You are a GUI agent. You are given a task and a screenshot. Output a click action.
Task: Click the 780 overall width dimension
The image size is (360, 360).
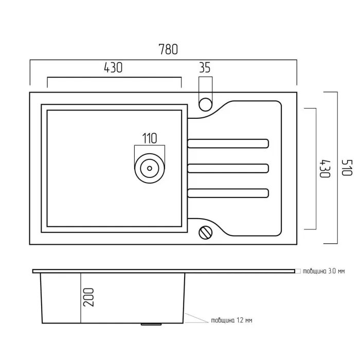coord(168,49)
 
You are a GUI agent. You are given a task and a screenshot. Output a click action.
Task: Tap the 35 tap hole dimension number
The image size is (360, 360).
coord(205,68)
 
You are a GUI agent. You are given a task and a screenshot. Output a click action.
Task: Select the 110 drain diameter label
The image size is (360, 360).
coord(150,138)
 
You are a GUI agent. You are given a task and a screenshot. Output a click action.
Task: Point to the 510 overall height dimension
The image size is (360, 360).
coord(347,167)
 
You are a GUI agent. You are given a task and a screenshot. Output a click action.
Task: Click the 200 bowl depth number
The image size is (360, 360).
coord(88,297)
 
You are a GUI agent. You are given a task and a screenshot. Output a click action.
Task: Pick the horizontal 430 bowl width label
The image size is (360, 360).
coord(113,68)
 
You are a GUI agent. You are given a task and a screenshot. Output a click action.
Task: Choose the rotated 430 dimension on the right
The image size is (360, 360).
coord(325,168)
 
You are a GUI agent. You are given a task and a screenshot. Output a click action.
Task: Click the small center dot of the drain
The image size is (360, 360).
coord(150,168)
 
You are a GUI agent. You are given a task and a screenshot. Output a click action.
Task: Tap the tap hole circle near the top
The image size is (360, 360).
coord(206,104)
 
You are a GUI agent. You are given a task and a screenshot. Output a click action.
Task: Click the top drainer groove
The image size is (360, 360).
coord(228,143)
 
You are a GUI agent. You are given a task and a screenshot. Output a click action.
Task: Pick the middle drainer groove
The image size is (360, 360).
coord(228,168)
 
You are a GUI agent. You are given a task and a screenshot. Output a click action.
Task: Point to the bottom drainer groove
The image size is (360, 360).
coord(228,193)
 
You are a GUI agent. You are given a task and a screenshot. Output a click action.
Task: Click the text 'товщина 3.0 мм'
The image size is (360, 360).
coord(323,271)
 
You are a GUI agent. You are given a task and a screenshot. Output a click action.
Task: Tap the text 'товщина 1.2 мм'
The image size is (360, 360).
coord(231,320)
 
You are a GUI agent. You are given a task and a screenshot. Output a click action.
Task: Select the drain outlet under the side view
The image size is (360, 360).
coord(151,324)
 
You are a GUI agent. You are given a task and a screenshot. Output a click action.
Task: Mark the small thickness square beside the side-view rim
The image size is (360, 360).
coord(298,271)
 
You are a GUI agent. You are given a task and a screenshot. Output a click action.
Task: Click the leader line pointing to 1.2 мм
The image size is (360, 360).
coord(196,318)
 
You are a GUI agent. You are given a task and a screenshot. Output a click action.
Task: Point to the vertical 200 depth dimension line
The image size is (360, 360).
coord(81,298)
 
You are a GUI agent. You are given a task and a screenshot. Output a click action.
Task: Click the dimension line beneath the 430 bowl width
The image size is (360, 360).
coord(114,77)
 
